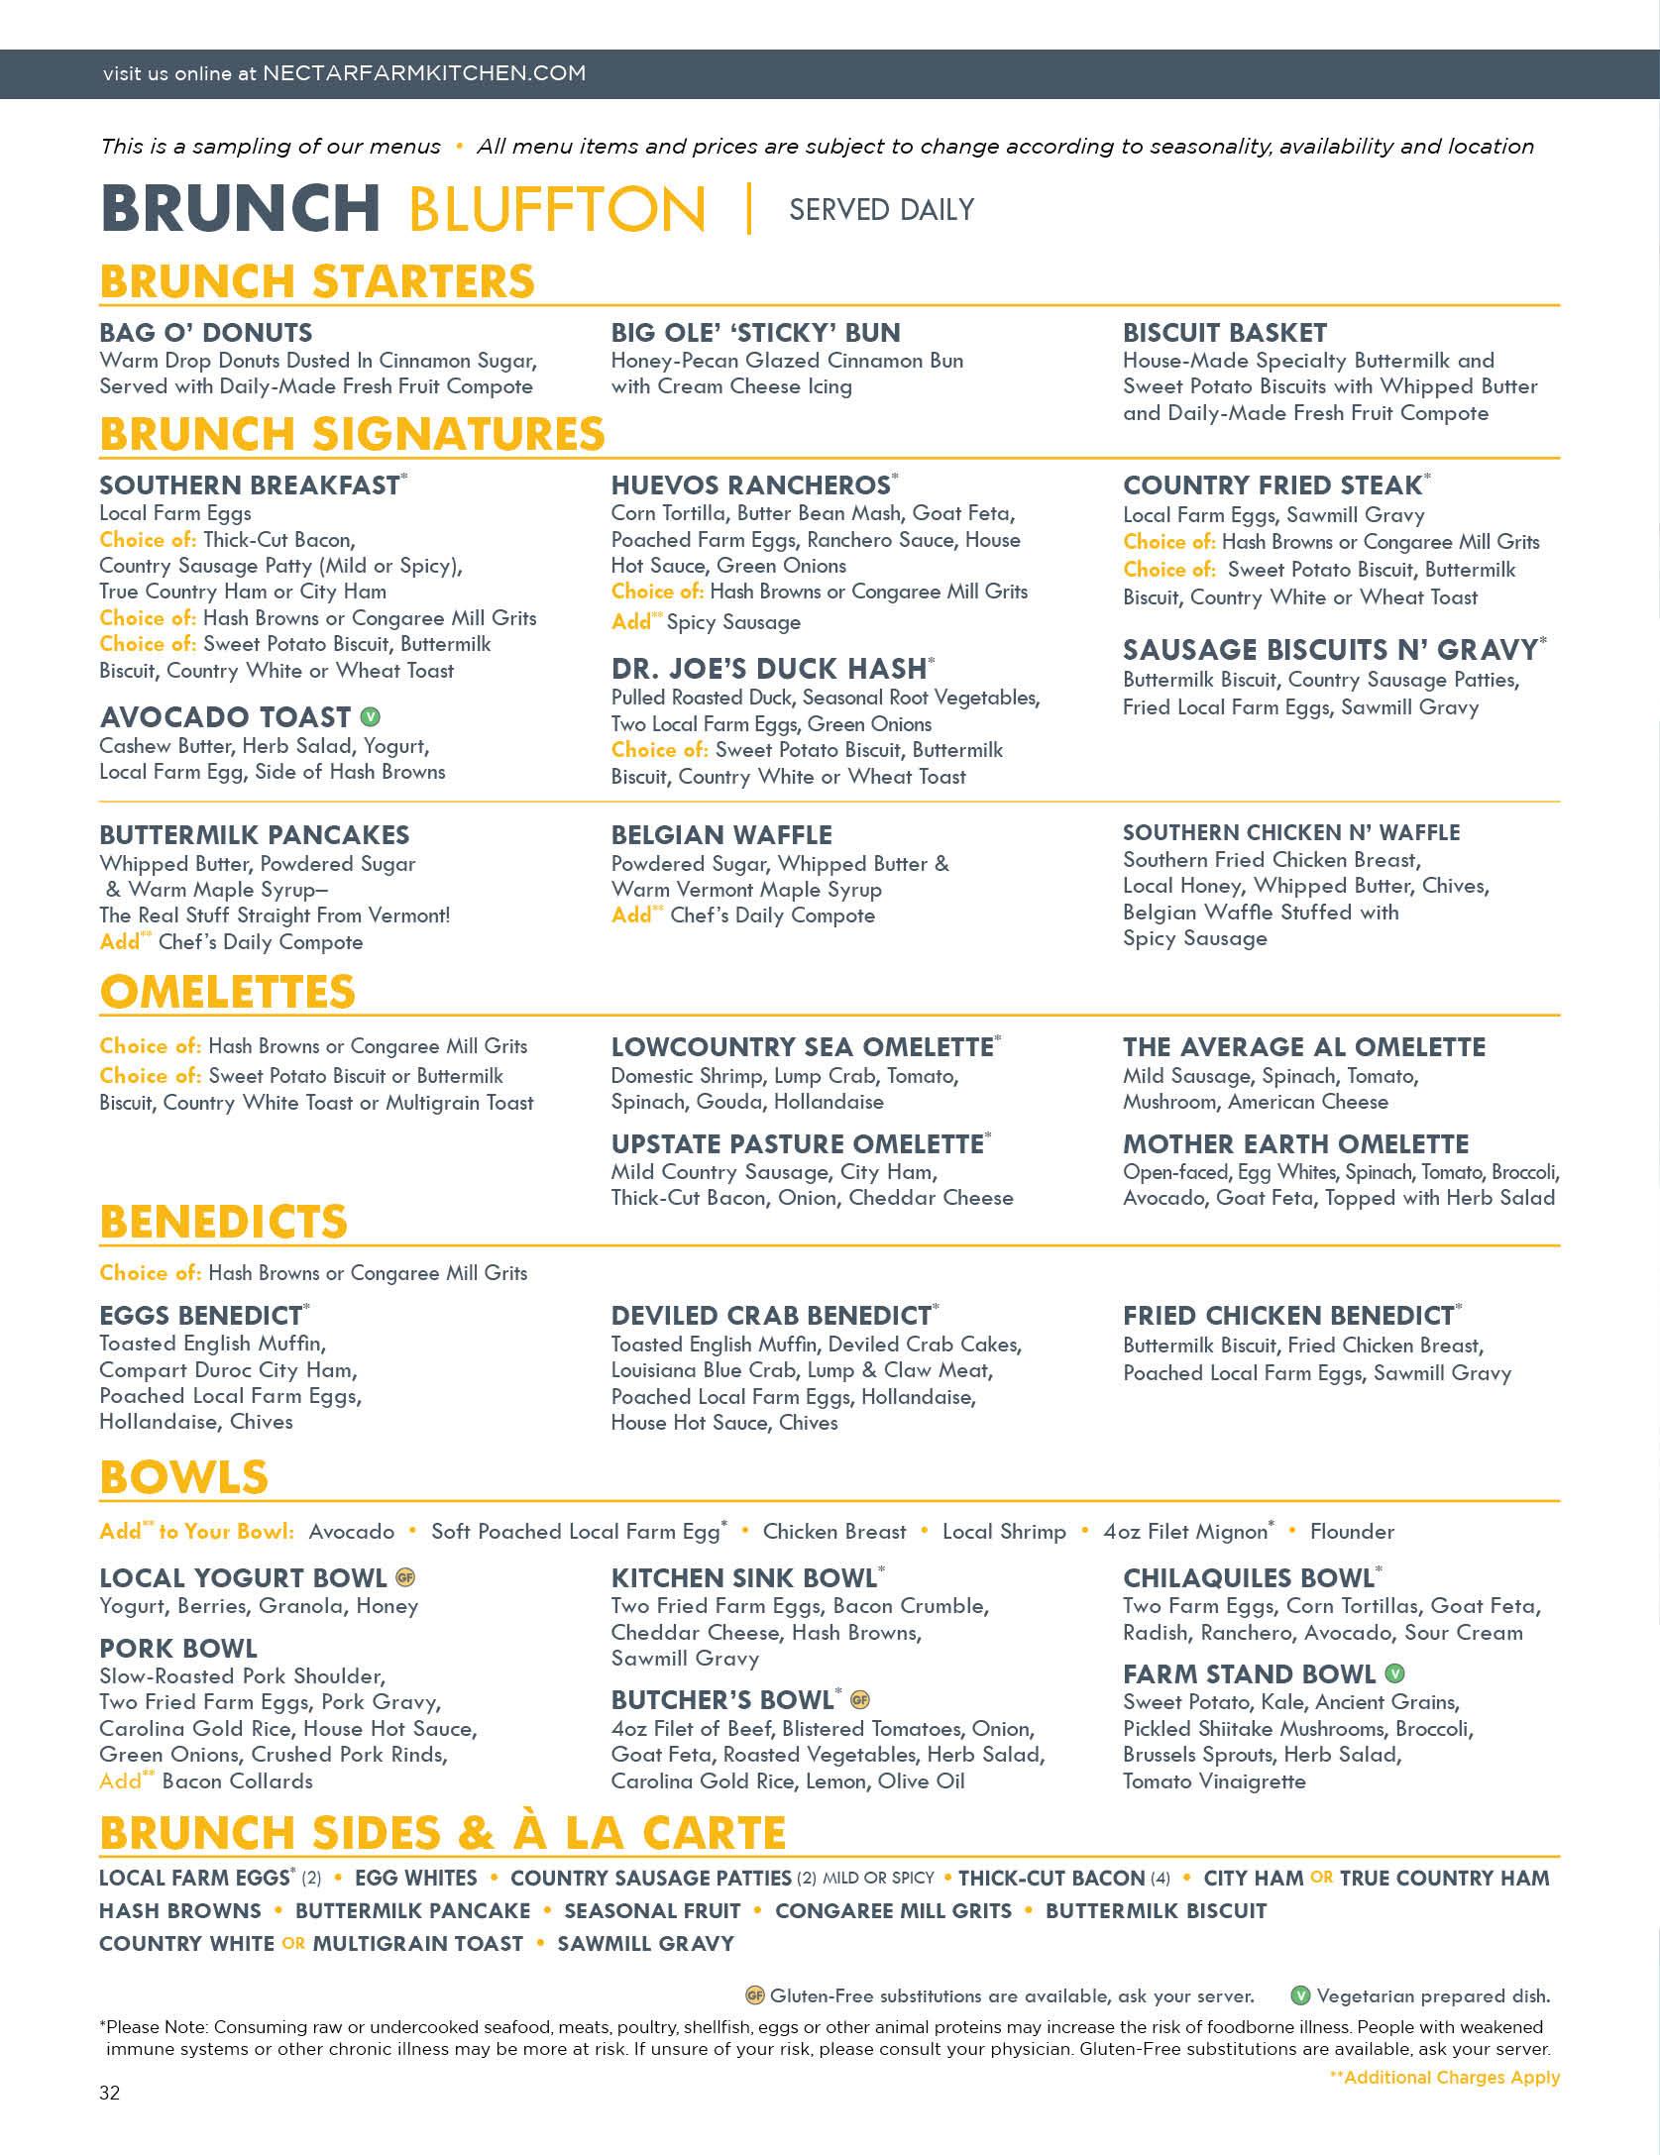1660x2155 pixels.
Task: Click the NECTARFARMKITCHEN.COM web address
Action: tap(424, 73)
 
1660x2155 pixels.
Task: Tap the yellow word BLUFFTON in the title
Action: tap(556, 209)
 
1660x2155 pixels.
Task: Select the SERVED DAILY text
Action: tap(881, 209)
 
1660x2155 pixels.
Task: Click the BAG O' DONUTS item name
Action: tap(205, 333)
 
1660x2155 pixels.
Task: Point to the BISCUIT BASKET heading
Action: tap(1224, 333)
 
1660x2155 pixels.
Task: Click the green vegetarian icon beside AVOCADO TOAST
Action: tap(371, 716)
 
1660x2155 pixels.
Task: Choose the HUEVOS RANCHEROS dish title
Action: tap(750, 485)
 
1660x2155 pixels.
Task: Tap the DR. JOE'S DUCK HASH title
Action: tap(769, 669)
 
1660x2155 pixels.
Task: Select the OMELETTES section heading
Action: tap(227, 992)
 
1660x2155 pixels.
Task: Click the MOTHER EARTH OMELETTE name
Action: tap(1295, 1144)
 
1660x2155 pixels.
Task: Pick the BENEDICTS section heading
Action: tap(223, 1222)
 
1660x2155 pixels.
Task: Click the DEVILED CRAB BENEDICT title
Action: tap(771, 1316)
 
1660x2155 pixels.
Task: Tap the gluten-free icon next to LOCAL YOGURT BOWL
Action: tap(404, 1577)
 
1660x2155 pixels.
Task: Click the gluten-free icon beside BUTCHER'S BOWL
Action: tap(860, 1700)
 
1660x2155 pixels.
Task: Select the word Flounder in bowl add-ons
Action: tap(1352, 1531)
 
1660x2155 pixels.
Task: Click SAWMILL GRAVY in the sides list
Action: tap(645, 1944)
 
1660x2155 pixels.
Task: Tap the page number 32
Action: tap(109, 2093)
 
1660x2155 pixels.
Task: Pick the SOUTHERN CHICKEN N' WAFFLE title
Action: tap(1290, 833)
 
